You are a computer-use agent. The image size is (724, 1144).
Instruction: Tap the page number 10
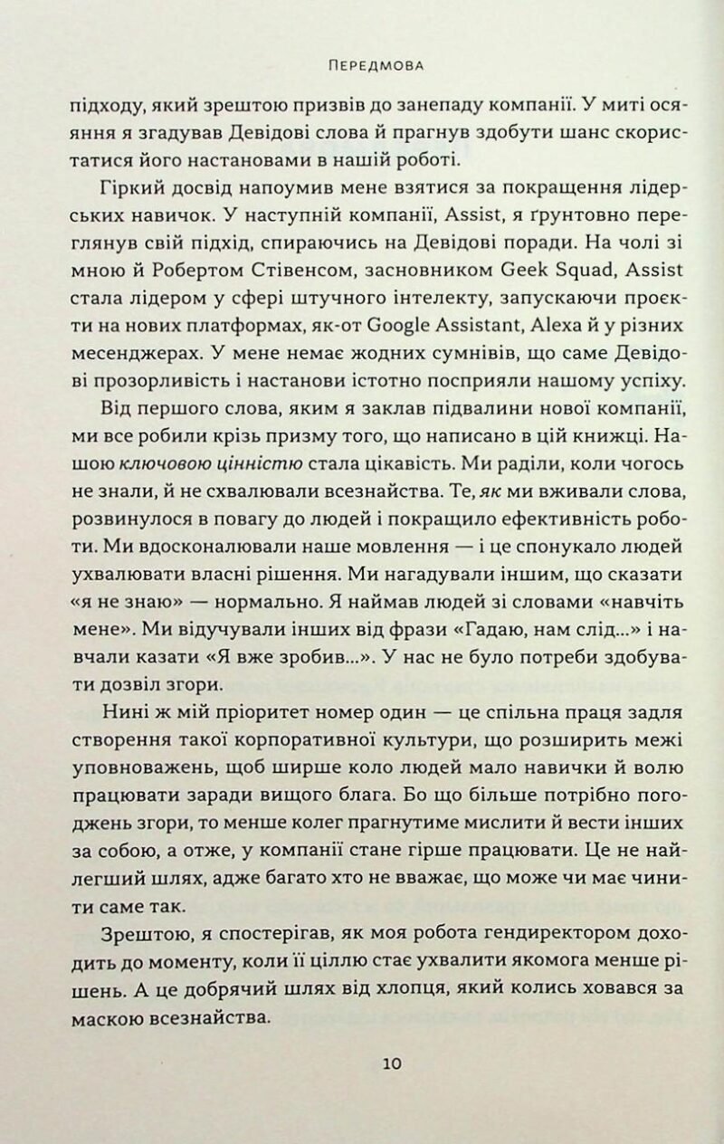[392, 1063]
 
